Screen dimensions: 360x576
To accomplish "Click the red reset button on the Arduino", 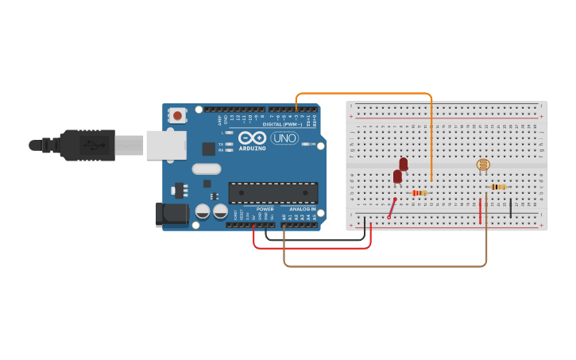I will [x=177, y=116].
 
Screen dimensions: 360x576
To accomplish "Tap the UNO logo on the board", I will [x=284, y=138].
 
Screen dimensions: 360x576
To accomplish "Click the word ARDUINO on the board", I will [x=252, y=149].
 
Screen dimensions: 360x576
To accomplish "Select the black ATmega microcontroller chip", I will [x=273, y=192].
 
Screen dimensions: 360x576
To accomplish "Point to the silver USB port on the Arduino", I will [x=167, y=145].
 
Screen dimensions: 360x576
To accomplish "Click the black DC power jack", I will [x=171, y=213].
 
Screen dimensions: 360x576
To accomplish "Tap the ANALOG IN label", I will [x=302, y=209].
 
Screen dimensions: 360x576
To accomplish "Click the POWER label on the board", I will [x=265, y=209].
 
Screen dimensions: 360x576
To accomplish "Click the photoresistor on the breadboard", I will [x=483, y=165].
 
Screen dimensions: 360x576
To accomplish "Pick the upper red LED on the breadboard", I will [x=404, y=164].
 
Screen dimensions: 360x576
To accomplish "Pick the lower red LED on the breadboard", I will [x=397, y=176].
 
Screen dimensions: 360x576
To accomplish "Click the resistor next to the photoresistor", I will [x=498, y=187].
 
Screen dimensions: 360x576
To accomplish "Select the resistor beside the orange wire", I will [x=419, y=193].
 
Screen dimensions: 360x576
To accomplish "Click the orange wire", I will [x=365, y=94].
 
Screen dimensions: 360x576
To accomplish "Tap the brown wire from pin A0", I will [x=381, y=265].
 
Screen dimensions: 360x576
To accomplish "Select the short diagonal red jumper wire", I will [x=392, y=207].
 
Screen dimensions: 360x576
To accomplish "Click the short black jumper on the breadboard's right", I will [x=510, y=208].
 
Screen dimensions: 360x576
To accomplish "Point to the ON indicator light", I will [x=303, y=145].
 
